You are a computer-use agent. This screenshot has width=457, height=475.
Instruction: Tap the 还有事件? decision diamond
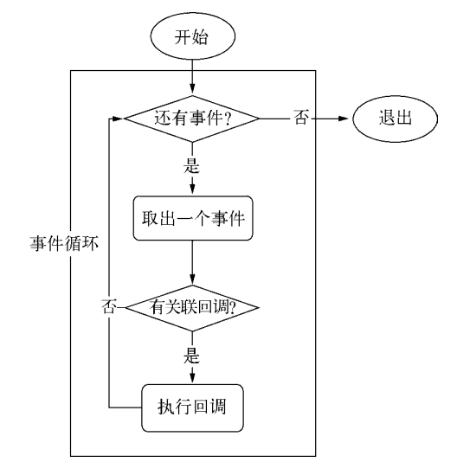pyautogui.click(x=191, y=119)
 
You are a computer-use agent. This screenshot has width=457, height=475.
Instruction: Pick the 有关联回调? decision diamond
pyautogui.click(x=191, y=307)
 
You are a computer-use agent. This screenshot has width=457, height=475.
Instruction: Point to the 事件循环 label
pyautogui.click(x=58, y=245)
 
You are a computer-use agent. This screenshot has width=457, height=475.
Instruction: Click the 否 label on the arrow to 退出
pyautogui.click(x=300, y=119)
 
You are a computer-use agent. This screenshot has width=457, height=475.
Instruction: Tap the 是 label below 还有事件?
pyautogui.click(x=191, y=164)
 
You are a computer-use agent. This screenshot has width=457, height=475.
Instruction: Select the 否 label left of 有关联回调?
pyautogui.click(x=109, y=307)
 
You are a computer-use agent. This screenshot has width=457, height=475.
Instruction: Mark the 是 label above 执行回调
pyautogui.click(x=191, y=354)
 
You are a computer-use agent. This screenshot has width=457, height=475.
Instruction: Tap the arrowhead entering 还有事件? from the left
pyautogui.click(x=119, y=119)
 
